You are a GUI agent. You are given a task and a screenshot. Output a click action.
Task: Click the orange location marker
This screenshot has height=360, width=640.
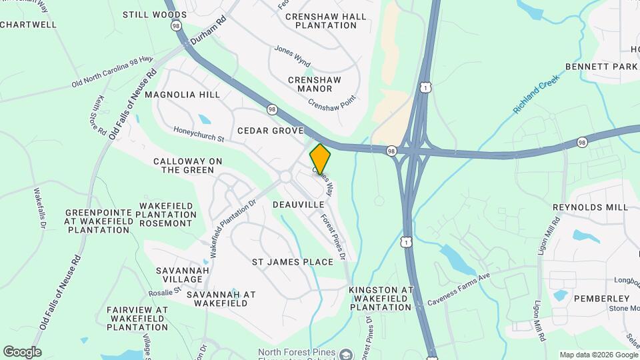click(x=320, y=159)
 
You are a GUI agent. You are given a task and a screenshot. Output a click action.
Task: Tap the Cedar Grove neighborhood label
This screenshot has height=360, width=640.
click(x=270, y=131)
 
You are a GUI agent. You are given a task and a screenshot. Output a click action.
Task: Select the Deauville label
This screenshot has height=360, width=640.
click(x=298, y=205)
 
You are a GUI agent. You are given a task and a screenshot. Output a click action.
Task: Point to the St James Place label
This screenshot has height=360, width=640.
click(x=292, y=262)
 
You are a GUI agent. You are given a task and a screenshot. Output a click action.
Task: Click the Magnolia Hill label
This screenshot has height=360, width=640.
click(x=182, y=95)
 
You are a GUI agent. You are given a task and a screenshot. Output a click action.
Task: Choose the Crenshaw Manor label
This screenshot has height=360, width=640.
click(x=315, y=84)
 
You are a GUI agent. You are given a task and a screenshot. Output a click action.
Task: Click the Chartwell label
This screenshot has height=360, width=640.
click(x=29, y=25)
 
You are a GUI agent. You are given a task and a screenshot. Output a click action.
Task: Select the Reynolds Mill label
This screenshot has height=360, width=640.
click(x=590, y=207)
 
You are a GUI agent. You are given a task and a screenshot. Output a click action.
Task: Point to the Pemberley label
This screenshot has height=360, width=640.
click(x=601, y=298)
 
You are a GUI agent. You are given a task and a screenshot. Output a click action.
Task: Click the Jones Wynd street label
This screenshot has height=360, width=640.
click(x=293, y=56)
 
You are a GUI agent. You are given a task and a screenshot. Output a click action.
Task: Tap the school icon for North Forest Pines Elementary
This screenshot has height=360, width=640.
click(x=345, y=353)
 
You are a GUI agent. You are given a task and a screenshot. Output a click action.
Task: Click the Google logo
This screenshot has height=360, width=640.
click(x=22, y=352)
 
